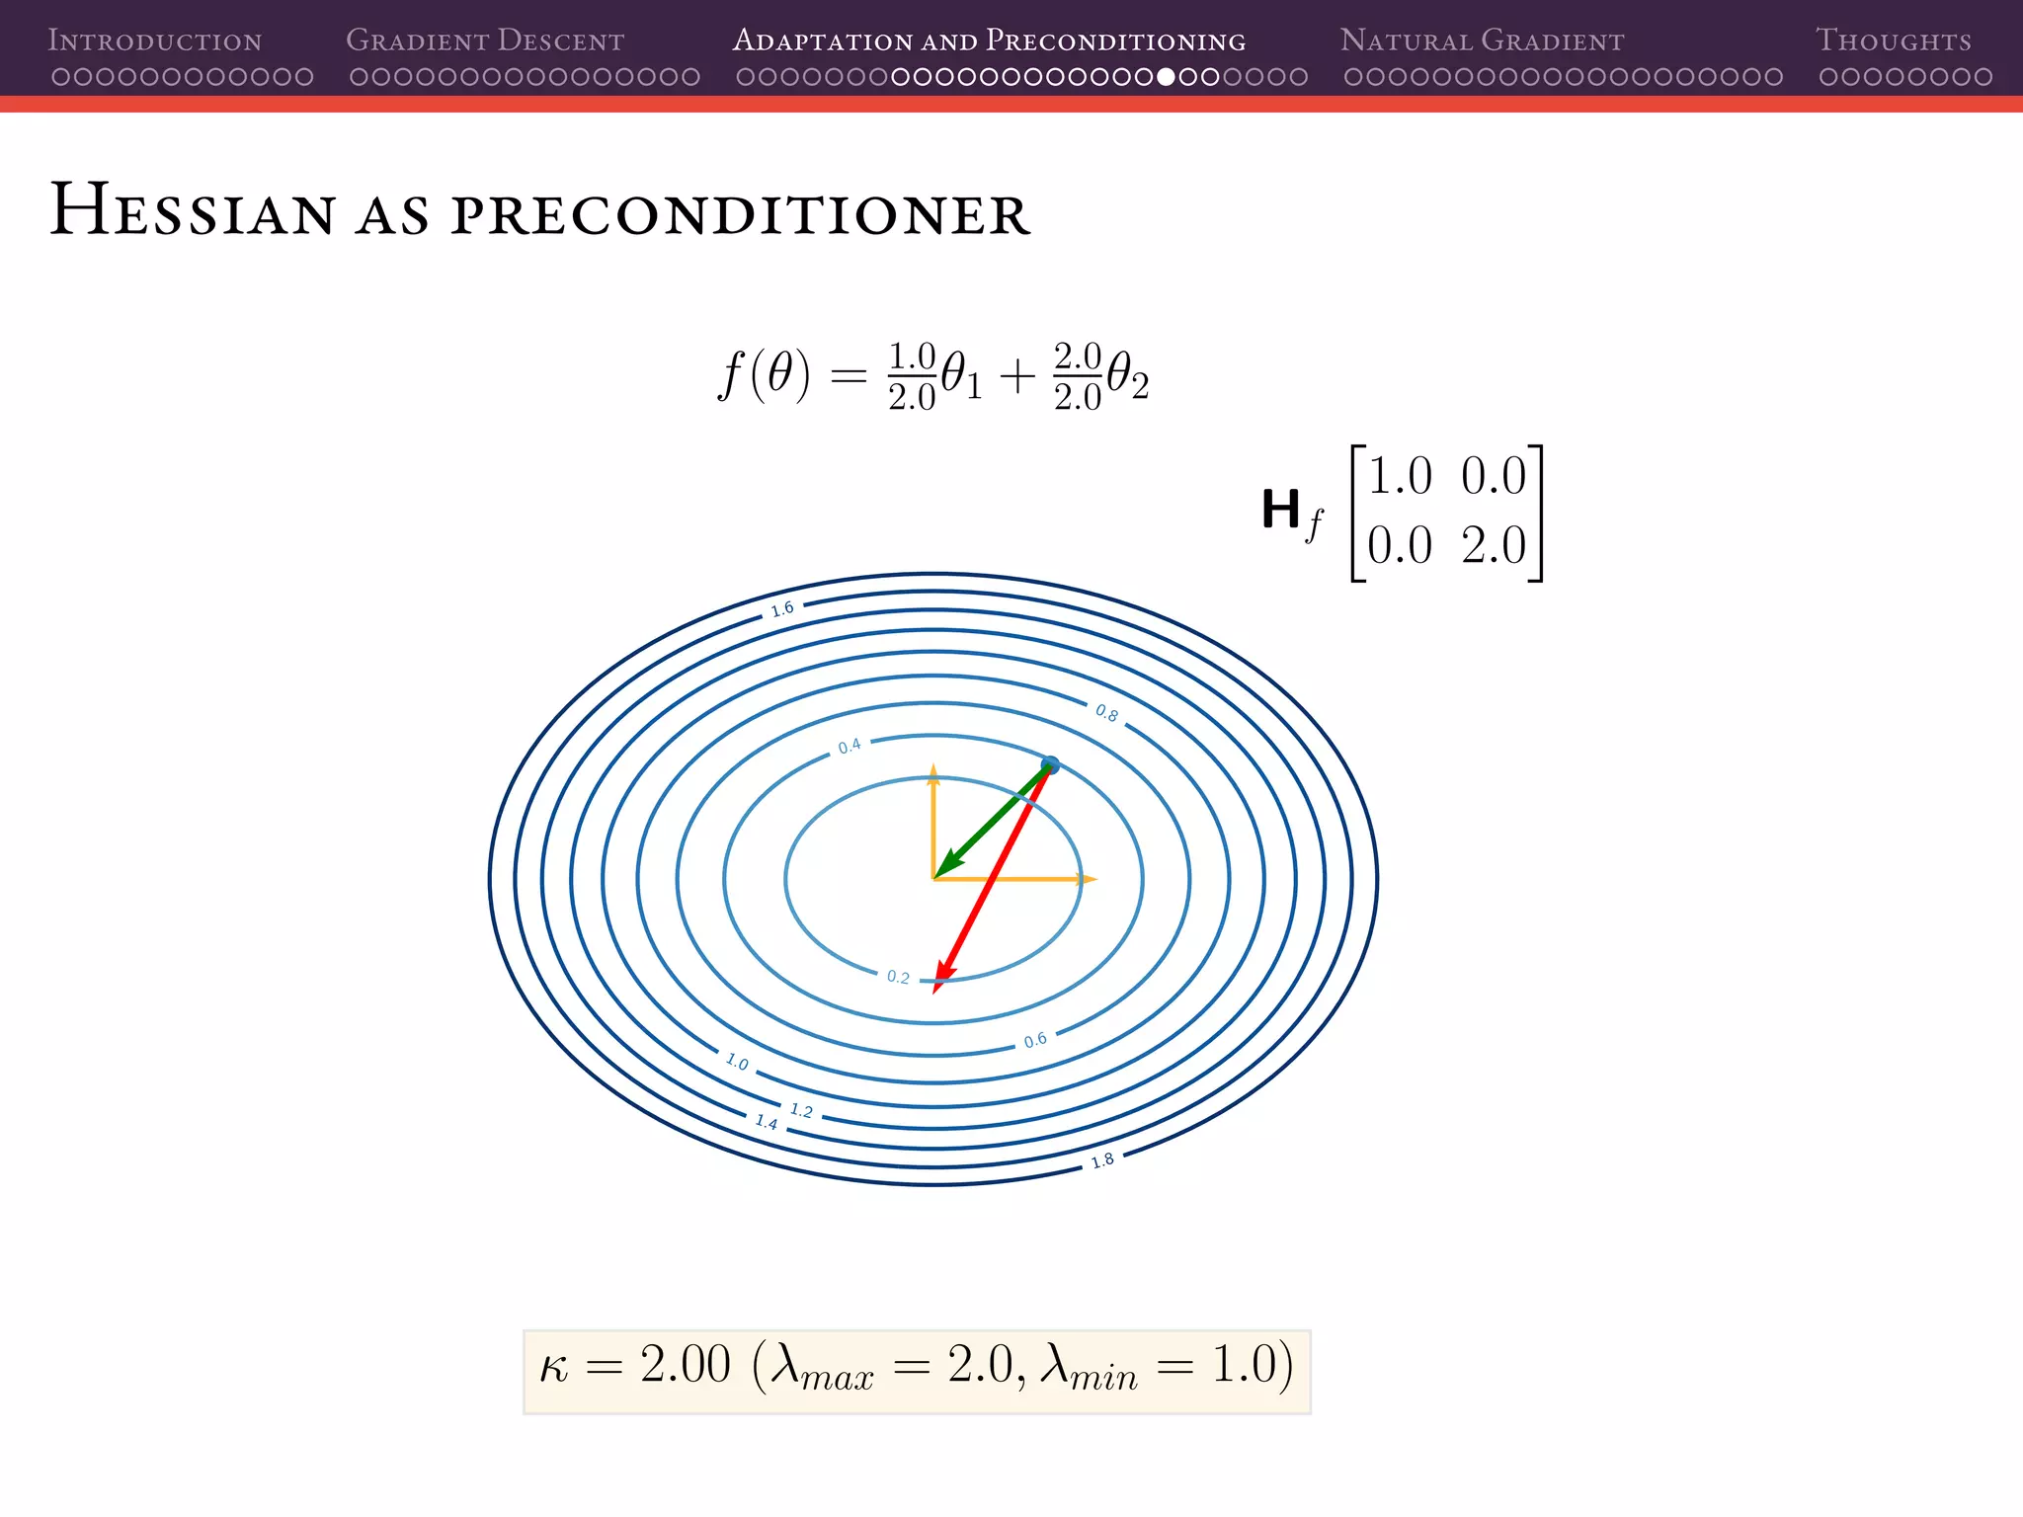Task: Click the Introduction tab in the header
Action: [x=155, y=40]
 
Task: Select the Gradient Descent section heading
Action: [x=485, y=40]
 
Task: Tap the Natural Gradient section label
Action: [x=1482, y=40]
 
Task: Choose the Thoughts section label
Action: [x=1893, y=40]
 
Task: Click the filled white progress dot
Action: [x=1166, y=77]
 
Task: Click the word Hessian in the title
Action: [x=194, y=210]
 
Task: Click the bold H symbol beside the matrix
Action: [x=1281, y=511]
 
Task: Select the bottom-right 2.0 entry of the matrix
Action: [x=1494, y=546]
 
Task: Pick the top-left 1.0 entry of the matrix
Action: [x=1400, y=477]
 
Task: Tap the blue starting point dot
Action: [x=1050, y=765]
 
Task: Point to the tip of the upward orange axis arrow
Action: [x=933, y=766]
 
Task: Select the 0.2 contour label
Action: [x=898, y=977]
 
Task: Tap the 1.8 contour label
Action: [x=1102, y=1160]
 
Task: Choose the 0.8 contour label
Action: [x=1106, y=713]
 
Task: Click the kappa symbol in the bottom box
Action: [x=554, y=1368]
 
